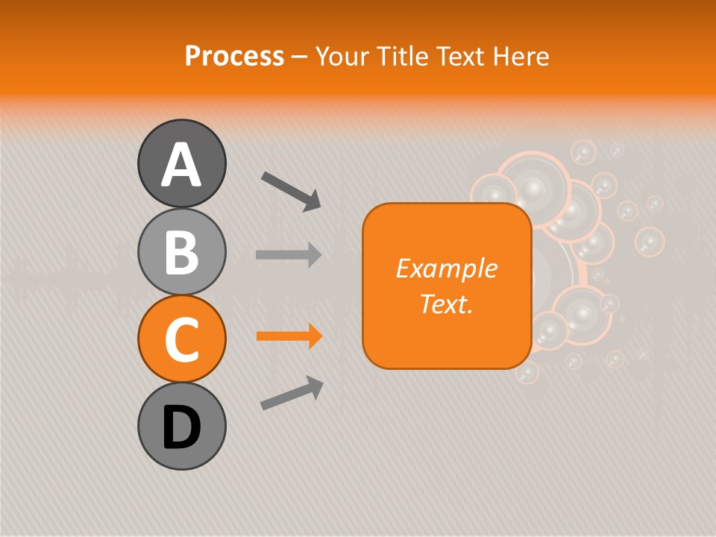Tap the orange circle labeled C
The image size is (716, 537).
pos(181,339)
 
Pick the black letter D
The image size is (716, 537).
pos(181,427)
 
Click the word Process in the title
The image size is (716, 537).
pos(234,56)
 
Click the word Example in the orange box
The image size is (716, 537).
pos(446,268)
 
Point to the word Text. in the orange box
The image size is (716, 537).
pos(446,304)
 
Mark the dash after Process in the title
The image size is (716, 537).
pos(299,57)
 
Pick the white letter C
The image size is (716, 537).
pos(181,339)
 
